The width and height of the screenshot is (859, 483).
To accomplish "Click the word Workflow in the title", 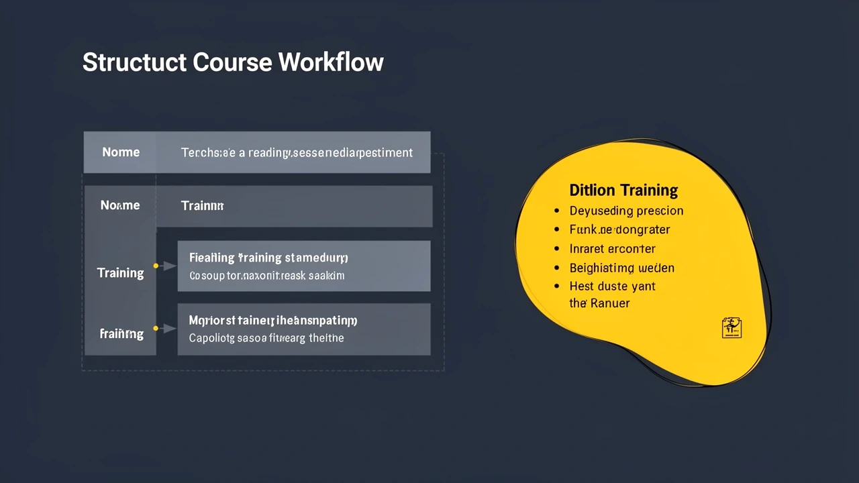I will (331, 62).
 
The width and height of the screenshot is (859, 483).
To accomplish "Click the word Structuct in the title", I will (134, 62).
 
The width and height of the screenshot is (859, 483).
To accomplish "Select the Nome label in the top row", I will (121, 152).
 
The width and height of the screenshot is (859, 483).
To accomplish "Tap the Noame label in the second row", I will (120, 205).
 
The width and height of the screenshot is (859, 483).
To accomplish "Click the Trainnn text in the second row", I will (202, 206).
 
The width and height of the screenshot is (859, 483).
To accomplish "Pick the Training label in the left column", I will (120, 273).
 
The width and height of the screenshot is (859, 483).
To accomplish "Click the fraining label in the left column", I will (121, 333).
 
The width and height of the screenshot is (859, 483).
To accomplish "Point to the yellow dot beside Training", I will (156, 266).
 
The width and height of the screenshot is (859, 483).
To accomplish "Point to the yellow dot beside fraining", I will (156, 328).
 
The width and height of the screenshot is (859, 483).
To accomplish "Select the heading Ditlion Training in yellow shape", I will (623, 190).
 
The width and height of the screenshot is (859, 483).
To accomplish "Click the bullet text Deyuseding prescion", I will (626, 211).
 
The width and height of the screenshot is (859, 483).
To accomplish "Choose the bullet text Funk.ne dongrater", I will (619, 229).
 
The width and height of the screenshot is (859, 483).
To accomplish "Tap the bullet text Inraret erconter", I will (612, 249).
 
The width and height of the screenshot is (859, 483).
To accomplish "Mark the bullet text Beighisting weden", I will (621, 268).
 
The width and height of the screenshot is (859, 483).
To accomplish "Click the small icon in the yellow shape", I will (731, 327).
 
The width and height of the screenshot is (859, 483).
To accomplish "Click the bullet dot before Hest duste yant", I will (556, 286).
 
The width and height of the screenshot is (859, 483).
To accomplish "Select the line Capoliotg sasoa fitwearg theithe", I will (266, 338).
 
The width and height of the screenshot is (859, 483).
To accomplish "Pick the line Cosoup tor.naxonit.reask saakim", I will (266, 276).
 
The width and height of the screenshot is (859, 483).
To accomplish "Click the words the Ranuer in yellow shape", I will (599, 303).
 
